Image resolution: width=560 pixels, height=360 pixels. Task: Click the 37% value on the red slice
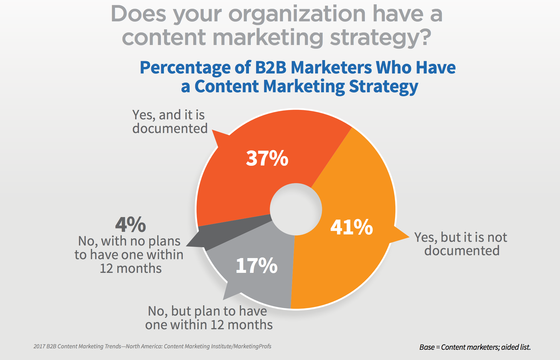[267, 158]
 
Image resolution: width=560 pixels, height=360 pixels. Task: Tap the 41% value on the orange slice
[351, 227]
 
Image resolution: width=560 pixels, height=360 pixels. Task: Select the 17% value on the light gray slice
[256, 266]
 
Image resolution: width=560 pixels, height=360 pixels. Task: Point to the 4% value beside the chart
[130, 225]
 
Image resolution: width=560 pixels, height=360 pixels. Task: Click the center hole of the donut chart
[296, 209]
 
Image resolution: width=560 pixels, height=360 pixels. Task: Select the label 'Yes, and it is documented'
[170, 122]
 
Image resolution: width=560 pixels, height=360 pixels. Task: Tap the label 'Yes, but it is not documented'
[461, 244]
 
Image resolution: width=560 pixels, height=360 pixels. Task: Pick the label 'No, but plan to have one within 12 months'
[209, 318]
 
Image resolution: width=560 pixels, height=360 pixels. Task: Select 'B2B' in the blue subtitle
[271, 67]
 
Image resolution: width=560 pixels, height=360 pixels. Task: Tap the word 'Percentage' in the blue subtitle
[185, 68]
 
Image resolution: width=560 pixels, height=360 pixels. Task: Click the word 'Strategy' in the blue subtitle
[383, 86]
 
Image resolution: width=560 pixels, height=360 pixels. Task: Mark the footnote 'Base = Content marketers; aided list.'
[475, 347]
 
